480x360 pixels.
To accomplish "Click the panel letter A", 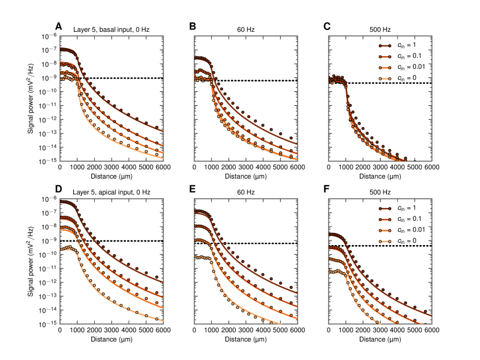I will (58, 27).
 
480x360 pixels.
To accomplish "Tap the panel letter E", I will (192, 190).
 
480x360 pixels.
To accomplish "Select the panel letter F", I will (327, 190).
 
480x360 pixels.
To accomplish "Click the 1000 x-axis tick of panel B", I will (211, 168).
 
